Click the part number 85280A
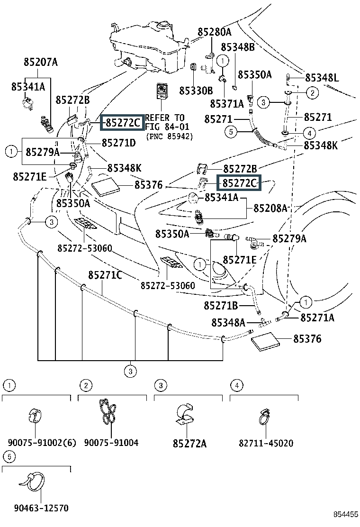pyautogui.click(x=215, y=32)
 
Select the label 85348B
pyautogui.click(x=238, y=47)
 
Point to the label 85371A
pyautogui.click(x=226, y=103)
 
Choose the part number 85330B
pyautogui.click(x=196, y=90)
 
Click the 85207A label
pyautogui.click(x=40, y=62)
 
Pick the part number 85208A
pyautogui.click(x=270, y=208)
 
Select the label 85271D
pyautogui.click(x=118, y=142)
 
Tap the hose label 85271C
pyautogui.click(x=105, y=275)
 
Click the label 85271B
pyautogui.click(x=221, y=305)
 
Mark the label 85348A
pyautogui.click(x=228, y=323)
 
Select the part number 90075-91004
pyautogui.click(x=111, y=443)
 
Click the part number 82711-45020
pyautogui.click(x=266, y=443)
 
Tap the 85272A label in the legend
pyautogui.click(x=189, y=443)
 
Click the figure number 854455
pyautogui.click(x=345, y=515)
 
